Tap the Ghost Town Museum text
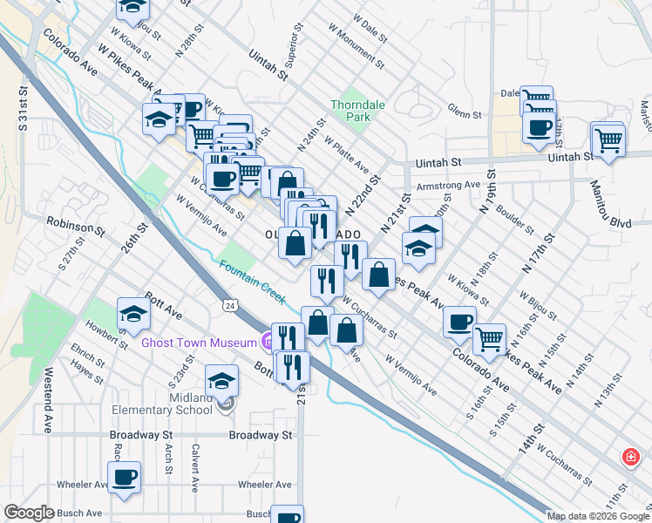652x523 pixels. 198,343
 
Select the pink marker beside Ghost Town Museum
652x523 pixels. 267,342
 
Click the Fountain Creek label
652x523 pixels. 252,282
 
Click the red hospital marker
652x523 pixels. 629,457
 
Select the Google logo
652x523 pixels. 30,513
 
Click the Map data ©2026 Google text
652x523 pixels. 597,516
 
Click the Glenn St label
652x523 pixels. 465,114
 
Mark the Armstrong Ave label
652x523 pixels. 448,185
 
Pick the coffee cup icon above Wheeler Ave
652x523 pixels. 125,476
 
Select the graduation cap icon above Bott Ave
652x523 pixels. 133,312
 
